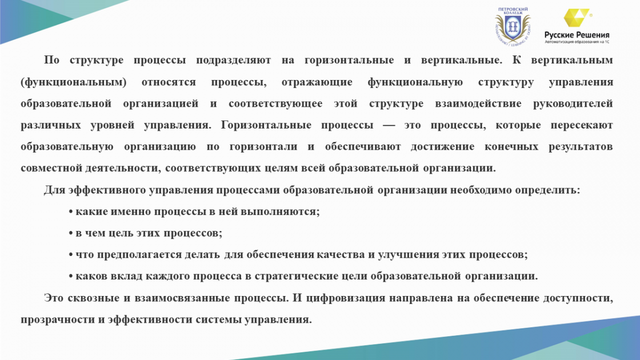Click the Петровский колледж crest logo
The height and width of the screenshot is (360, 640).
coord(513,27)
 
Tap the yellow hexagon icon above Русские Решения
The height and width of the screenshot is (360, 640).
coord(577,18)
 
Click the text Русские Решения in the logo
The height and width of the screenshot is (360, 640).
coord(577,35)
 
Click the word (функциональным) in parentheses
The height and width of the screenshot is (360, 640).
coord(74,82)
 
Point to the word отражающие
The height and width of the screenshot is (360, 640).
coord(317,82)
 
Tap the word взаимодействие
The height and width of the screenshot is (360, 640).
coord(478,103)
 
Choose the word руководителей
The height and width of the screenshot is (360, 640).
coord(573,103)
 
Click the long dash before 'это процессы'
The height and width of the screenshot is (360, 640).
coord(389,125)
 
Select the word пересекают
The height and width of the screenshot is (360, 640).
coord(582,125)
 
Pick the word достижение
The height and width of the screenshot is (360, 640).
coord(443,147)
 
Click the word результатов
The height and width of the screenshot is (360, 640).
coord(581,147)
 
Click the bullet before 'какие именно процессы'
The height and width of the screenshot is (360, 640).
coord(71,212)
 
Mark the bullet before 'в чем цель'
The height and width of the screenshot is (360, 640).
coord(71,234)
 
